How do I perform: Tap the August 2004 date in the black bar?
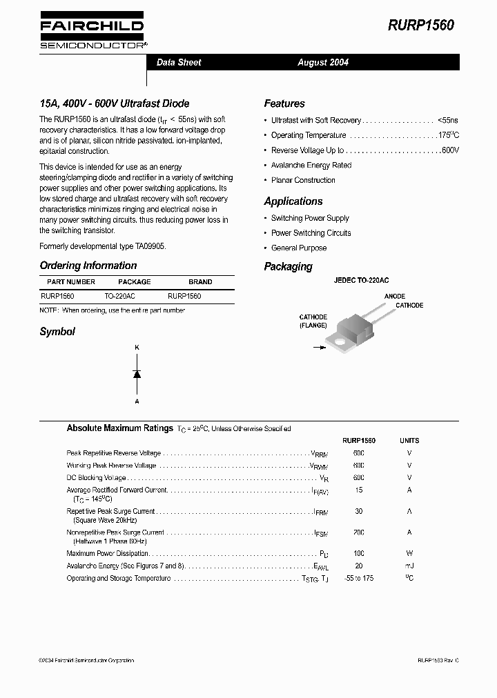point(323,62)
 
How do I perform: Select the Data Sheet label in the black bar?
point(179,62)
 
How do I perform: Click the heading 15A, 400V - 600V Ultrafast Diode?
point(115,103)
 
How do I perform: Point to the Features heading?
point(284,103)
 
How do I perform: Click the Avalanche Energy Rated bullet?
point(311,166)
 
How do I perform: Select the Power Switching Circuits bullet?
point(311,233)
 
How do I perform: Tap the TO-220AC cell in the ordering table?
point(119,295)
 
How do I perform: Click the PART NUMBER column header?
point(71,281)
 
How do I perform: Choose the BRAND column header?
point(200,281)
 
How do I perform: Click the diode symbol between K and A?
point(137,374)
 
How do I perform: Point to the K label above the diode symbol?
point(137,348)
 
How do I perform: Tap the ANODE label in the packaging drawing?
point(395,297)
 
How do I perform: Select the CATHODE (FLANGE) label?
point(313,321)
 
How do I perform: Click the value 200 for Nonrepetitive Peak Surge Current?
point(358,532)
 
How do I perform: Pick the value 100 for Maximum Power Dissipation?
point(358,553)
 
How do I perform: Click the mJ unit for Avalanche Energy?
point(409,566)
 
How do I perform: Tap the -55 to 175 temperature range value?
point(358,578)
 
